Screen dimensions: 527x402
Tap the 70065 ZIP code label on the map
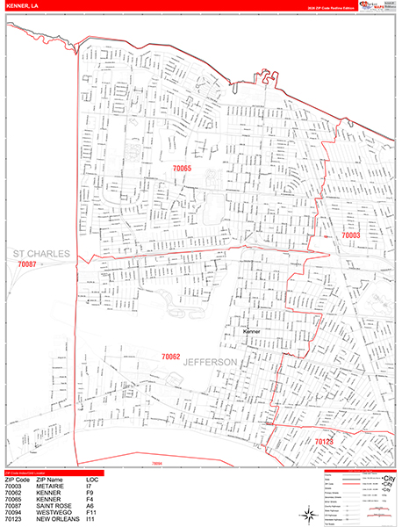pos(174,168)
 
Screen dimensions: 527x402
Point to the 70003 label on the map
pos(350,235)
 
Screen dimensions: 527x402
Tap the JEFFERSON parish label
pos(211,362)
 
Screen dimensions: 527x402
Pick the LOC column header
pos(92,480)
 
